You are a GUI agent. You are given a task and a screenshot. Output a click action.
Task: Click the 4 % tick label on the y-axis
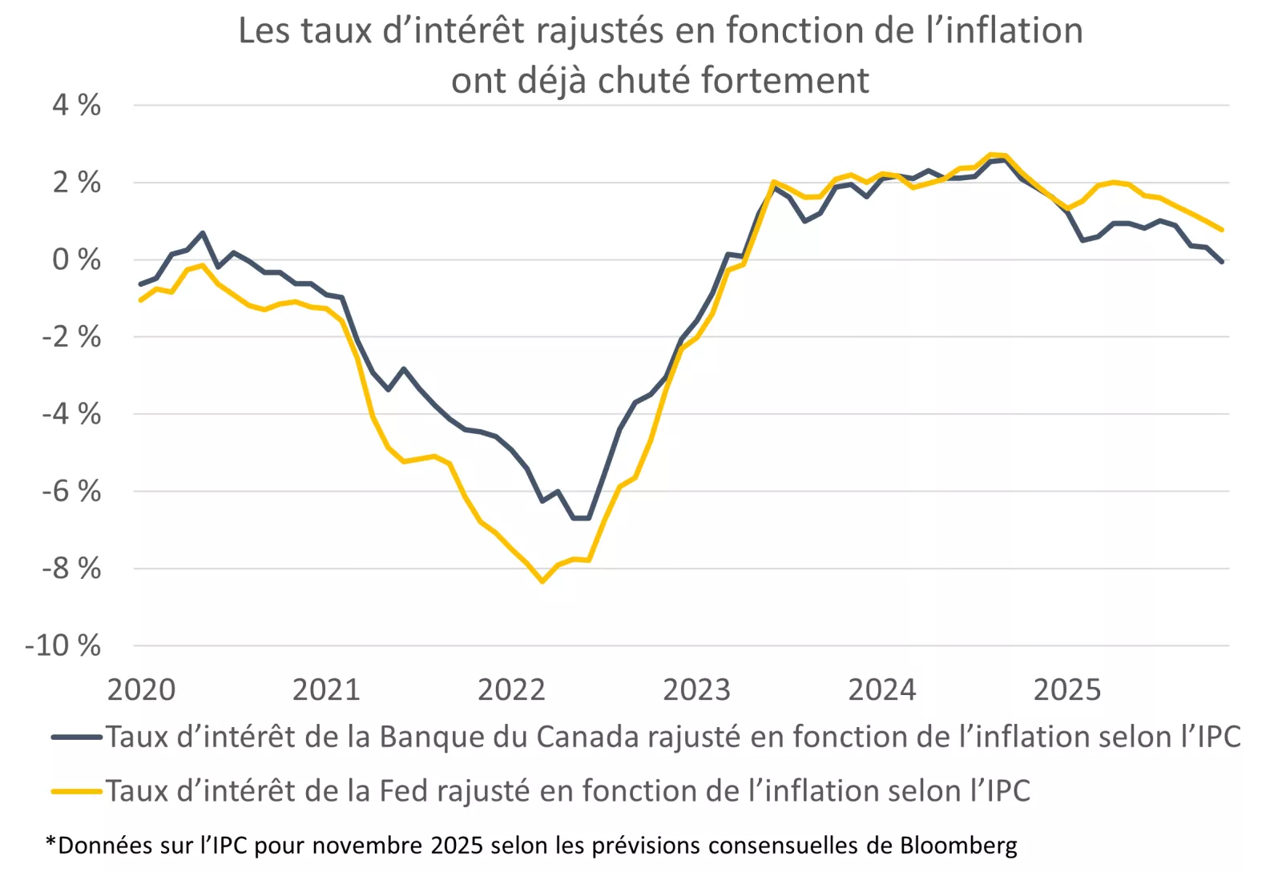click(x=76, y=105)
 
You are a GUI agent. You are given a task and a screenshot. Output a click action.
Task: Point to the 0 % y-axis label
click(x=76, y=259)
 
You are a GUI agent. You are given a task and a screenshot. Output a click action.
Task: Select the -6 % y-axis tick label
click(x=71, y=491)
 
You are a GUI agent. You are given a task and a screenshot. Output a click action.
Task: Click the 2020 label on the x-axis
click(x=141, y=689)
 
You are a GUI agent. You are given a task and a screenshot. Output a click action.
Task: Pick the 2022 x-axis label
click(x=511, y=689)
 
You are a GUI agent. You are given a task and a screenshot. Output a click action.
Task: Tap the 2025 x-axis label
click(x=1066, y=689)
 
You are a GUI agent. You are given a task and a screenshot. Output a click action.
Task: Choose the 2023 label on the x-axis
click(x=696, y=689)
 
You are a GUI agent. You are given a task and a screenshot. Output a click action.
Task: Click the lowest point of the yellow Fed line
click(x=542, y=581)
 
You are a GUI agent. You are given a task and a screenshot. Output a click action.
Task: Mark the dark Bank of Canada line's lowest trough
click(x=581, y=518)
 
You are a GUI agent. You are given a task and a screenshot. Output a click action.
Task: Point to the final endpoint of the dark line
click(x=1222, y=262)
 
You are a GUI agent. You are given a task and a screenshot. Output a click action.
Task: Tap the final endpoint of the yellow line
click(x=1222, y=230)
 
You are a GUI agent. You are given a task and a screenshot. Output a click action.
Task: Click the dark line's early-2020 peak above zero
click(x=203, y=233)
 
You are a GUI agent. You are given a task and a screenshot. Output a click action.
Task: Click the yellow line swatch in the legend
click(x=77, y=792)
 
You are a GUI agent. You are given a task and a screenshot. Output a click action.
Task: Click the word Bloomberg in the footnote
click(x=958, y=845)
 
